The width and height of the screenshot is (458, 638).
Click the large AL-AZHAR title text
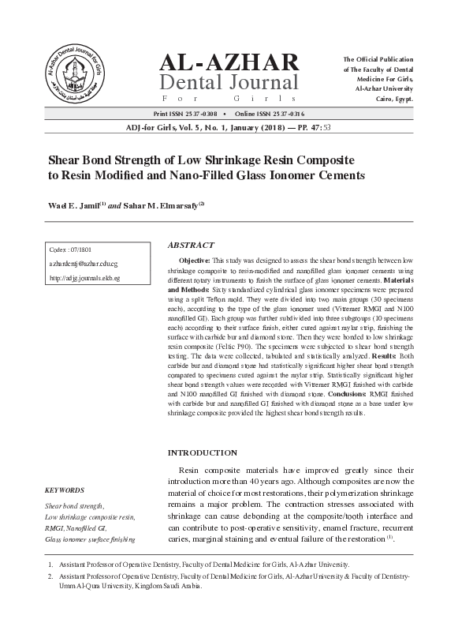[x=229, y=63]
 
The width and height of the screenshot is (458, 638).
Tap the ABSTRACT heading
[x=191, y=245]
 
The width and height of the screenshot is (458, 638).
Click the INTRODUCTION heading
[x=203, y=452]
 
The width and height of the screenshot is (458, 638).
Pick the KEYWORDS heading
[x=65, y=490]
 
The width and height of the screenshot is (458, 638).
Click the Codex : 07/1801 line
[x=69, y=250]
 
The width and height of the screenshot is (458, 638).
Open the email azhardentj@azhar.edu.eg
[x=84, y=264]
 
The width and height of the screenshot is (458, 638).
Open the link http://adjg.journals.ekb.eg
[x=84, y=278]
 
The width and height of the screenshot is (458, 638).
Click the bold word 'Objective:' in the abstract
[x=194, y=260]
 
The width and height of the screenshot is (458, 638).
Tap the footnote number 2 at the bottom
[x=51, y=577]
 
